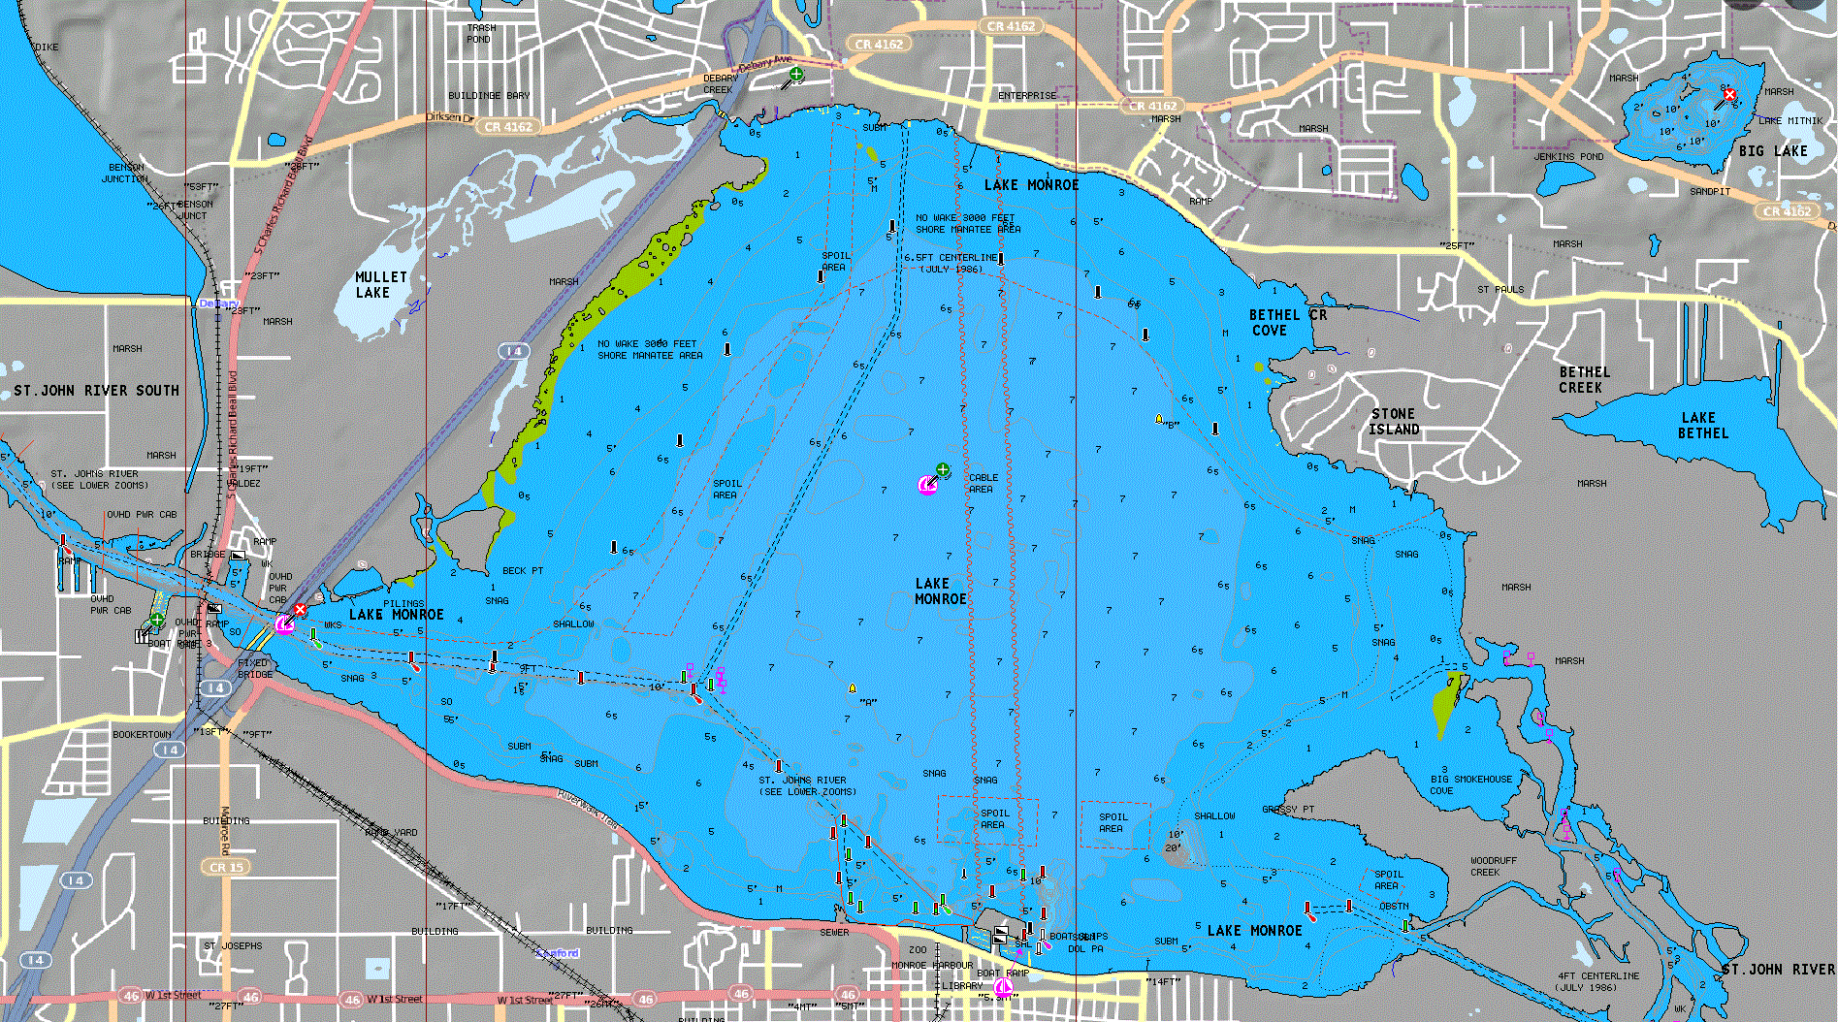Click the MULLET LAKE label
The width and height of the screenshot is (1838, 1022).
pyautogui.click(x=380, y=285)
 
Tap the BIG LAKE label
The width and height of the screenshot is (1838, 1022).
pyautogui.click(x=1773, y=151)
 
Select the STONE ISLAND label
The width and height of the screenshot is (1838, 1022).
pyautogui.click(x=1395, y=422)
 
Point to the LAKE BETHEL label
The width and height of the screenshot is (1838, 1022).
pyautogui.click(x=1703, y=426)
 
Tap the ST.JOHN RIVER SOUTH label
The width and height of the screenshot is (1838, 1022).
pyautogui.click(x=96, y=391)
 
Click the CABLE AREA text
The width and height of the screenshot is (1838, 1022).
pyautogui.click(x=983, y=484)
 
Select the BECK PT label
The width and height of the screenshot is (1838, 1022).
pyautogui.click(x=523, y=571)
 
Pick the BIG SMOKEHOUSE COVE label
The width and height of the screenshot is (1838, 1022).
pyautogui.click(x=1470, y=784)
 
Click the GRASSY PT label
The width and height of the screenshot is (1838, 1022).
pyautogui.click(x=1288, y=810)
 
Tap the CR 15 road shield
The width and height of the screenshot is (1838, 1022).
pyautogui.click(x=227, y=867)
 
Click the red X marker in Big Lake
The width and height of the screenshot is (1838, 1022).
pyautogui.click(x=1729, y=94)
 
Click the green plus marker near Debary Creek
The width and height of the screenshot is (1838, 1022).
pyautogui.click(x=796, y=74)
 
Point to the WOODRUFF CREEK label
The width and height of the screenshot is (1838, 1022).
pyautogui.click(x=1493, y=866)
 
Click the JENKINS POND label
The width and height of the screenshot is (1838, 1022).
pyautogui.click(x=1568, y=157)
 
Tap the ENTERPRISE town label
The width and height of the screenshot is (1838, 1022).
pyautogui.click(x=1027, y=96)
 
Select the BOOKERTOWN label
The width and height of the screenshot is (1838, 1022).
pyautogui.click(x=142, y=735)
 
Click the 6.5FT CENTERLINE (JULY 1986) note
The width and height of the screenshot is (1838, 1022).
pyautogui.click(x=951, y=263)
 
